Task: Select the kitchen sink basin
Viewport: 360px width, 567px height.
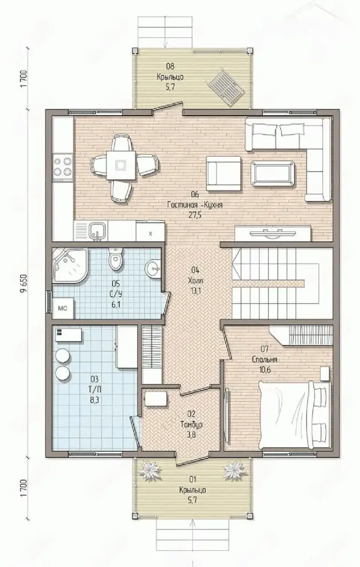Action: (x=96, y=231)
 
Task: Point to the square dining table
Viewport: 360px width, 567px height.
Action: (x=121, y=165)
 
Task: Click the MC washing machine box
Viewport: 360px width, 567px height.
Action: (x=63, y=308)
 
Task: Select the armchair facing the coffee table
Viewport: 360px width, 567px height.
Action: (x=223, y=173)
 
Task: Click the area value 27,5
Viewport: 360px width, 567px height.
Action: (x=195, y=215)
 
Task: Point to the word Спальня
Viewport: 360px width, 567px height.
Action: (x=265, y=359)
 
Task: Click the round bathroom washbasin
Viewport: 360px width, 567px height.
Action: (x=153, y=268)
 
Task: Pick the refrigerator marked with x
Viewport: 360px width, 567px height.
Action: (x=150, y=231)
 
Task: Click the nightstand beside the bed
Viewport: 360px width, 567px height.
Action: (x=325, y=373)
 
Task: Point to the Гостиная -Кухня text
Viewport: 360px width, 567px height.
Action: (x=195, y=205)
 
